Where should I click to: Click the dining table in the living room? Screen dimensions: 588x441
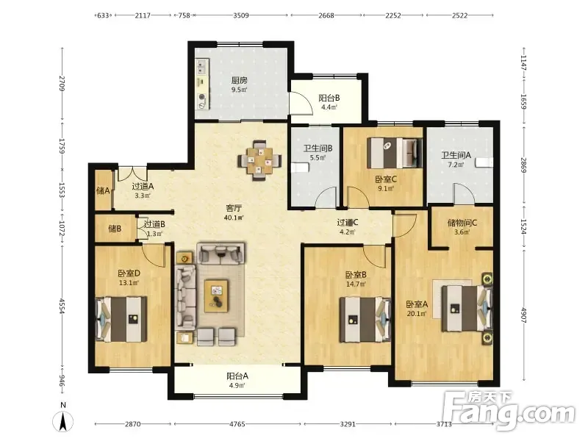pyautogui.click(x=259, y=161)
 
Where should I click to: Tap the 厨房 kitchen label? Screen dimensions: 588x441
pyautogui.click(x=239, y=81)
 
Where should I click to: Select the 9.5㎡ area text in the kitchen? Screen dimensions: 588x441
pyautogui.click(x=239, y=90)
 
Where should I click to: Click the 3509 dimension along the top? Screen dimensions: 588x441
pyautogui.click(x=241, y=15)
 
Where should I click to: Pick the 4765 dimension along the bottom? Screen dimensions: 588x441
pyautogui.click(x=237, y=424)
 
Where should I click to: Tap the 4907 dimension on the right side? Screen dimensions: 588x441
pyautogui.click(x=523, y=316)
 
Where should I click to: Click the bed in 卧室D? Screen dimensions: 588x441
pyautogui.click(x=121, y=319)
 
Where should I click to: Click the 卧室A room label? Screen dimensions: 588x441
pyautogui.click(x=417, y=304)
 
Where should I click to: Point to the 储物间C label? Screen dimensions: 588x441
pyautogui.click(x=462, y=223)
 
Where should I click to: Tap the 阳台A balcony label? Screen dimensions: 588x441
pyautogui.click(x=237, y=376)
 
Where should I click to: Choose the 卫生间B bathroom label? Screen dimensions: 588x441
pyautogui.click(x=318, y=148)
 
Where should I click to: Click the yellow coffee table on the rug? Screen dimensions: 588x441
pyautogui.click(x=216, y=295)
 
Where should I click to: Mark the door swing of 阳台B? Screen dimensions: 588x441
pyautogui.click(x=302, y=102)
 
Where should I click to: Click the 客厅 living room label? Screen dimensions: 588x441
pyautogui.click(x=234, y=208)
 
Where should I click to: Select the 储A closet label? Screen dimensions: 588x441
pyautogui.click(x=103, y=191)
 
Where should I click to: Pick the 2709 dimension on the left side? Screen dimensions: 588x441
pyautogui.click(x=62, y=83)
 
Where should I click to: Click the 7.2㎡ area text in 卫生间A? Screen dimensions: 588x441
pyautogui.click(x=456, y=164)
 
